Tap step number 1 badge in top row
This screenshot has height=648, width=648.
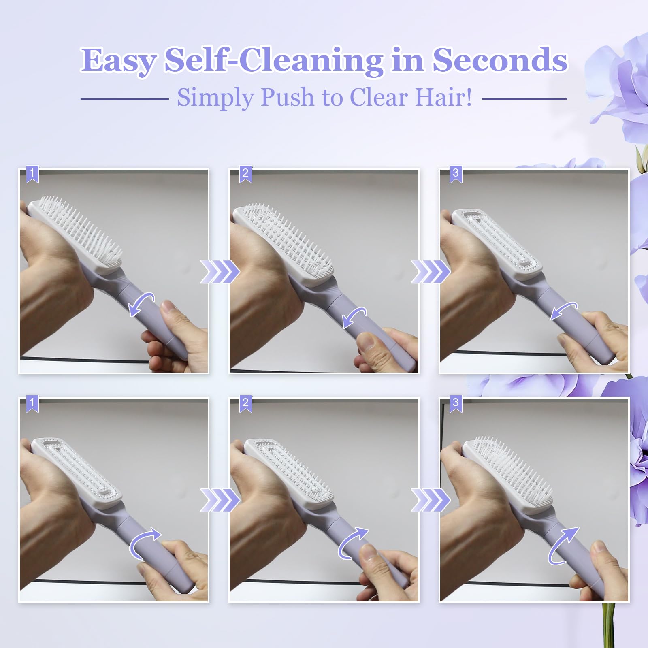[32, 173]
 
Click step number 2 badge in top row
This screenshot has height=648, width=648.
[245, 173]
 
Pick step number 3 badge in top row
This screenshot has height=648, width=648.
[456, 173]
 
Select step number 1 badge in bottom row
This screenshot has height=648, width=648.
[32, 403]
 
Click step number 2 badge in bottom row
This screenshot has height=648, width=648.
[245, 403]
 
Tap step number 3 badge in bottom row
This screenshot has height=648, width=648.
[456, 403]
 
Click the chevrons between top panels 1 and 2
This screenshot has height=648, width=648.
[220, 272]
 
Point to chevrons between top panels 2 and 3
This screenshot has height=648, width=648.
[431, 272]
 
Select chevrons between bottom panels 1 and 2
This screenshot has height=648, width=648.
[220, 500]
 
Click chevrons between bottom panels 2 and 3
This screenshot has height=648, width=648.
[431, 500]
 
